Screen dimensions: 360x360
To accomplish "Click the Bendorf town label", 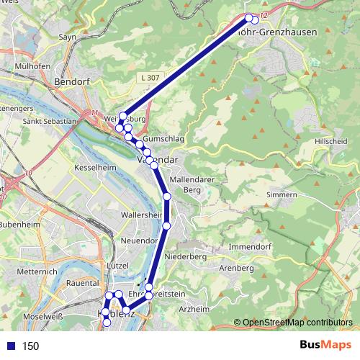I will coord(72,82).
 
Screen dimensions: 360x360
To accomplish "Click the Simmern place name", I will coord(281,195).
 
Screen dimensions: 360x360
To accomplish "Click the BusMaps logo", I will coord(326,346).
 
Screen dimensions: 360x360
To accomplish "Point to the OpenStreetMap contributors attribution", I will coord(297,323).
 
